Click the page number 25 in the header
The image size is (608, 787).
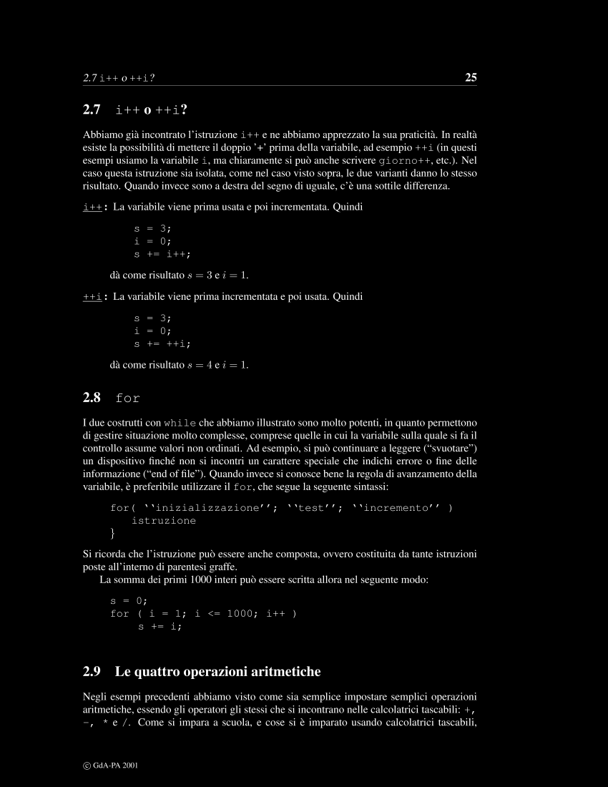(471, 77)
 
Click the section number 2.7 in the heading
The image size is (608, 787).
(92, 110)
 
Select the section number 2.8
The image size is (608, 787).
(92, 397)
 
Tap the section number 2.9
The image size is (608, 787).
(92, 672)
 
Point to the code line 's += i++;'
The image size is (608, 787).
(162, 253)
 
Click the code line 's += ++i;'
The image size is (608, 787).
(162, 343)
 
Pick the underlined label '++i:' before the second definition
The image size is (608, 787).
(95, 296)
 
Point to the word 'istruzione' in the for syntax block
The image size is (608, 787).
(163, 521)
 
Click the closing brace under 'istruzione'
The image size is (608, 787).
(112, 534)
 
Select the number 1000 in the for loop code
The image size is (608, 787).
(240, 613)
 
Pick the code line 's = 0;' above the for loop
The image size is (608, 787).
(128, 600)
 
